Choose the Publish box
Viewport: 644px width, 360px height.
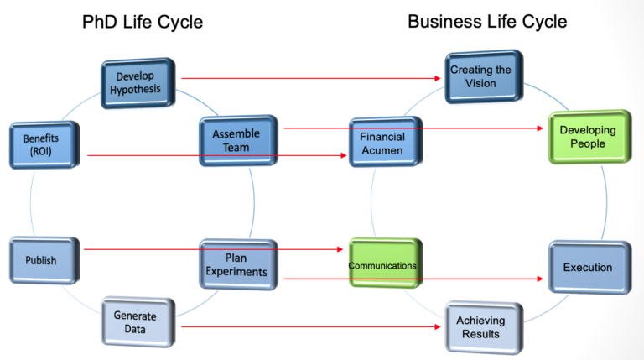(42, 260)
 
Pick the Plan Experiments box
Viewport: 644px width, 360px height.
(236, 264)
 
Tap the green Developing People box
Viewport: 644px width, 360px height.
(588, 136)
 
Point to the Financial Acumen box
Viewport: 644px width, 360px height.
(383, 143)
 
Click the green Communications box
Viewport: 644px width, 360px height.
(383, 265)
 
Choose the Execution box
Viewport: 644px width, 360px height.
(588, 268)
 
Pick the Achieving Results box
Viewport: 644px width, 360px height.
(479, 326)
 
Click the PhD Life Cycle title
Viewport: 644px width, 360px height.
(143, 22)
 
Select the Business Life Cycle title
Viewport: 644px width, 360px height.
(487, 21)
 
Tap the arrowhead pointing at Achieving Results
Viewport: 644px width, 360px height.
(438, 326)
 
